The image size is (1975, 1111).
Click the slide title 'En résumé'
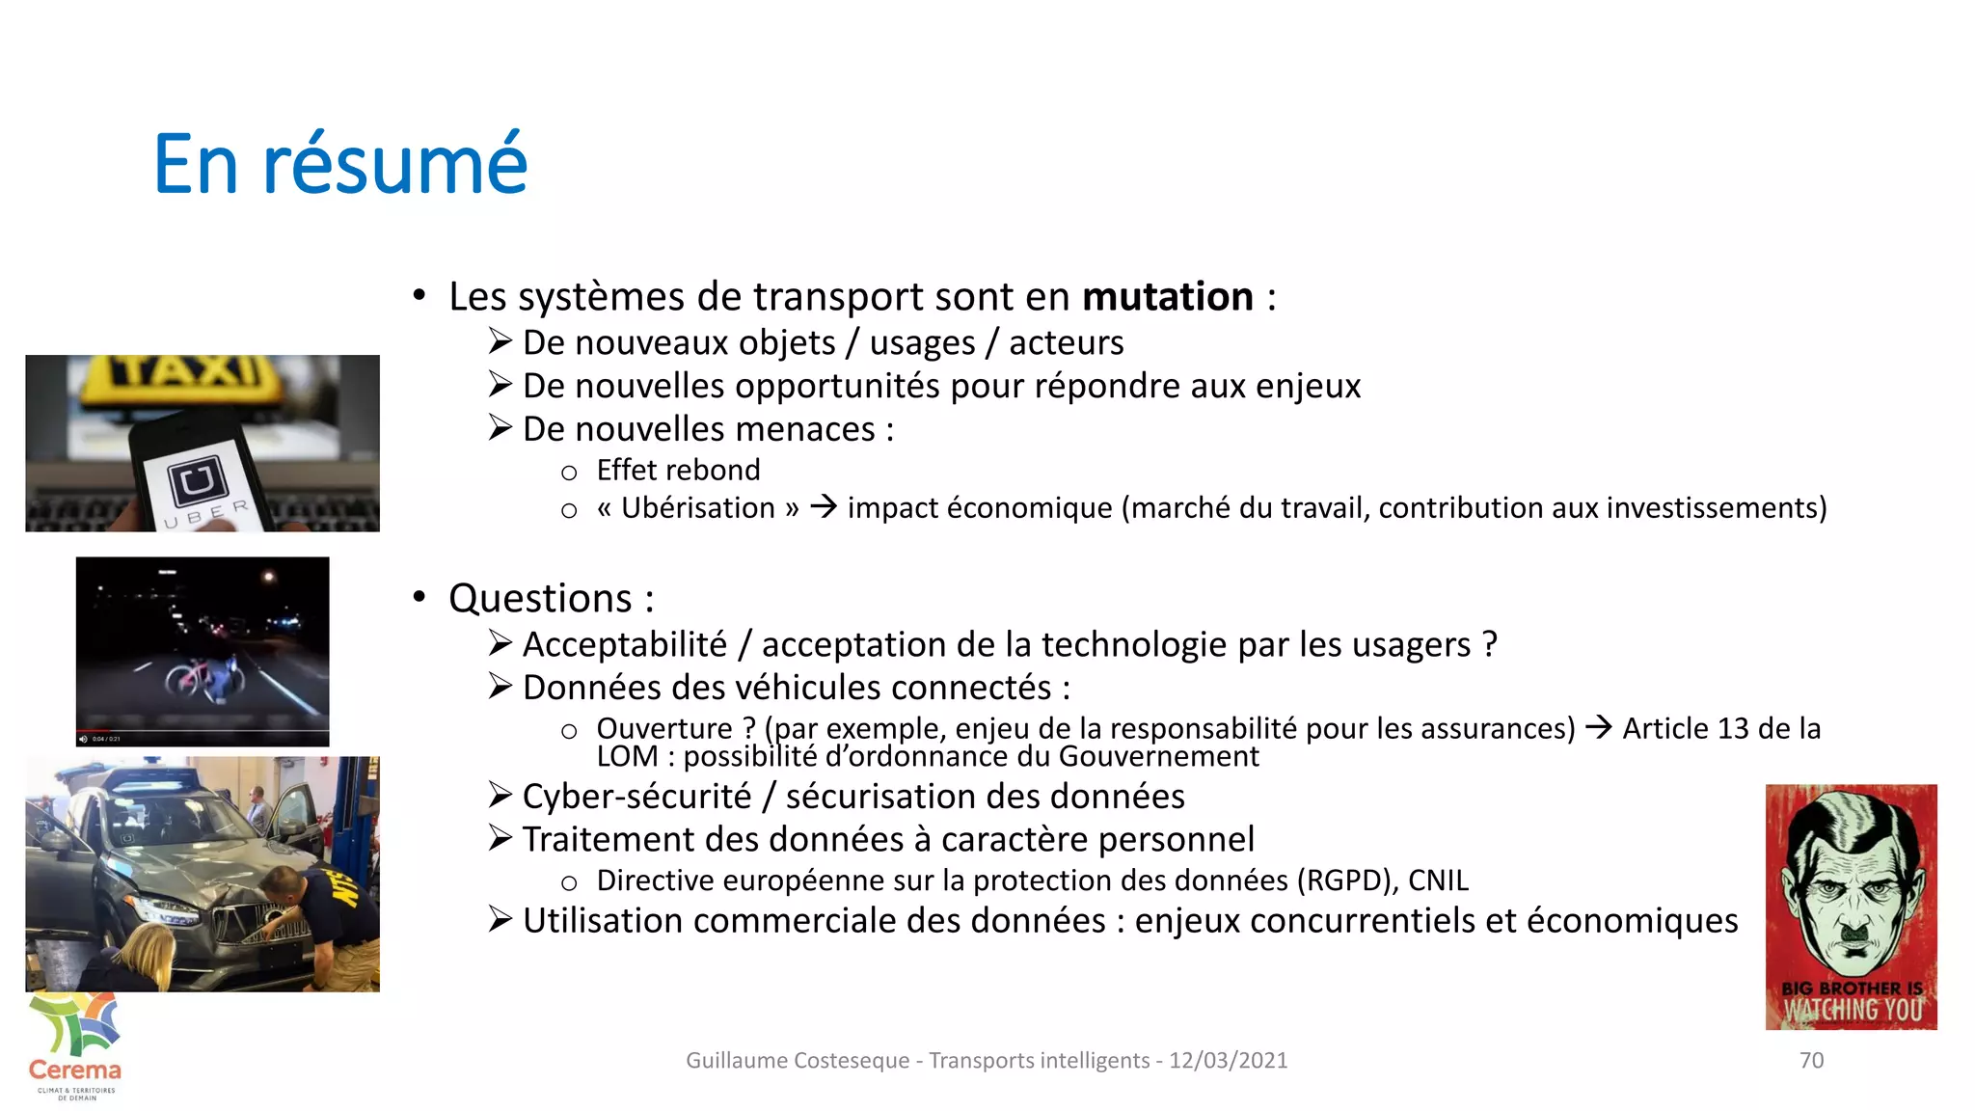click(x=340, y=164)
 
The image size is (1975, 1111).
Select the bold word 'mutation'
click(x=1167, y=297)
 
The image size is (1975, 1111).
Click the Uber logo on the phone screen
click(x=198, y=479)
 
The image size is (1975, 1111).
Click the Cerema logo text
click(x=75, y=1070)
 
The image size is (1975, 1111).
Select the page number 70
click(x=1811, y=1060)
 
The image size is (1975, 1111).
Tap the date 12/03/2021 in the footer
click(x=1228, y=1061)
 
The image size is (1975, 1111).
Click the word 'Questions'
click(x=540, y=599)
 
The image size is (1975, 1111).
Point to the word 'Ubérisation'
click(x=697, y=508)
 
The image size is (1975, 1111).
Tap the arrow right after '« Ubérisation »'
click(x=823, y=506)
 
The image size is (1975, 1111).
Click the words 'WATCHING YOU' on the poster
click(x=1852, y=1011)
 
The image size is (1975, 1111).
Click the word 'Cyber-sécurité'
click(x=636, y=797)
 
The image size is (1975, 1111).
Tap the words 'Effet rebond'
click(x=678, y=471)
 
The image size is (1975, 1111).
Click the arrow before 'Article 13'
click(x=1598, y=727)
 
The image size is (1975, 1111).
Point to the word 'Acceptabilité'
click(x=624, y=645)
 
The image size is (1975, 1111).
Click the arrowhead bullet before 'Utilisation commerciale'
click(x=500, y=919)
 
